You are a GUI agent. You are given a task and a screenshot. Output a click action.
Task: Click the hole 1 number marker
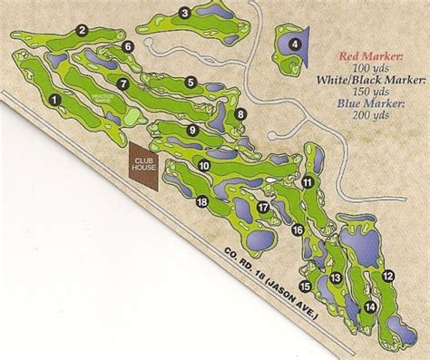point(56,100)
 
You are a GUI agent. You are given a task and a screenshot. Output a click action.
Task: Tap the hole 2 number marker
point(82,31)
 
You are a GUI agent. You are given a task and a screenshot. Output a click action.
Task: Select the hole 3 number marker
point(184,12)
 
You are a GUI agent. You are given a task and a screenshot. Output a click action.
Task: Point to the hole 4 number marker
point(294,44)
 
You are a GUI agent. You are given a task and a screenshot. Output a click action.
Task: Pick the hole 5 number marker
point(191,83)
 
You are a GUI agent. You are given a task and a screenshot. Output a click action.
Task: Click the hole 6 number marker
point(128,46)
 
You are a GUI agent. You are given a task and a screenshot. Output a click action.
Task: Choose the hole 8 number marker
point(240,114)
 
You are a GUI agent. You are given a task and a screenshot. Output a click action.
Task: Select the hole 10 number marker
point(205,166)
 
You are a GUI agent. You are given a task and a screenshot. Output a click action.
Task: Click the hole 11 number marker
point(308,183)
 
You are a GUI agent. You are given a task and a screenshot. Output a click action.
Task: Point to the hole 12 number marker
point(387,275)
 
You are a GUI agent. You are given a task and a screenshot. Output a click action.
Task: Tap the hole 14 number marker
point(370,307)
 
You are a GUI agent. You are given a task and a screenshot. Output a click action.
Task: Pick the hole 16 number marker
point(296,231)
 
